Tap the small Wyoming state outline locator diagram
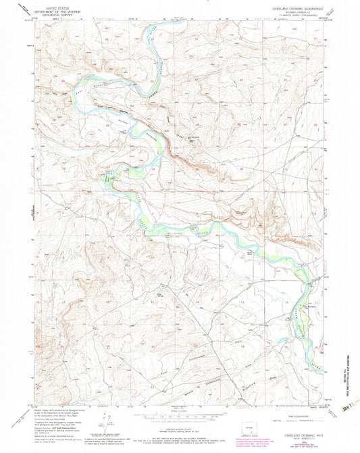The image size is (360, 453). tap(246, 429)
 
